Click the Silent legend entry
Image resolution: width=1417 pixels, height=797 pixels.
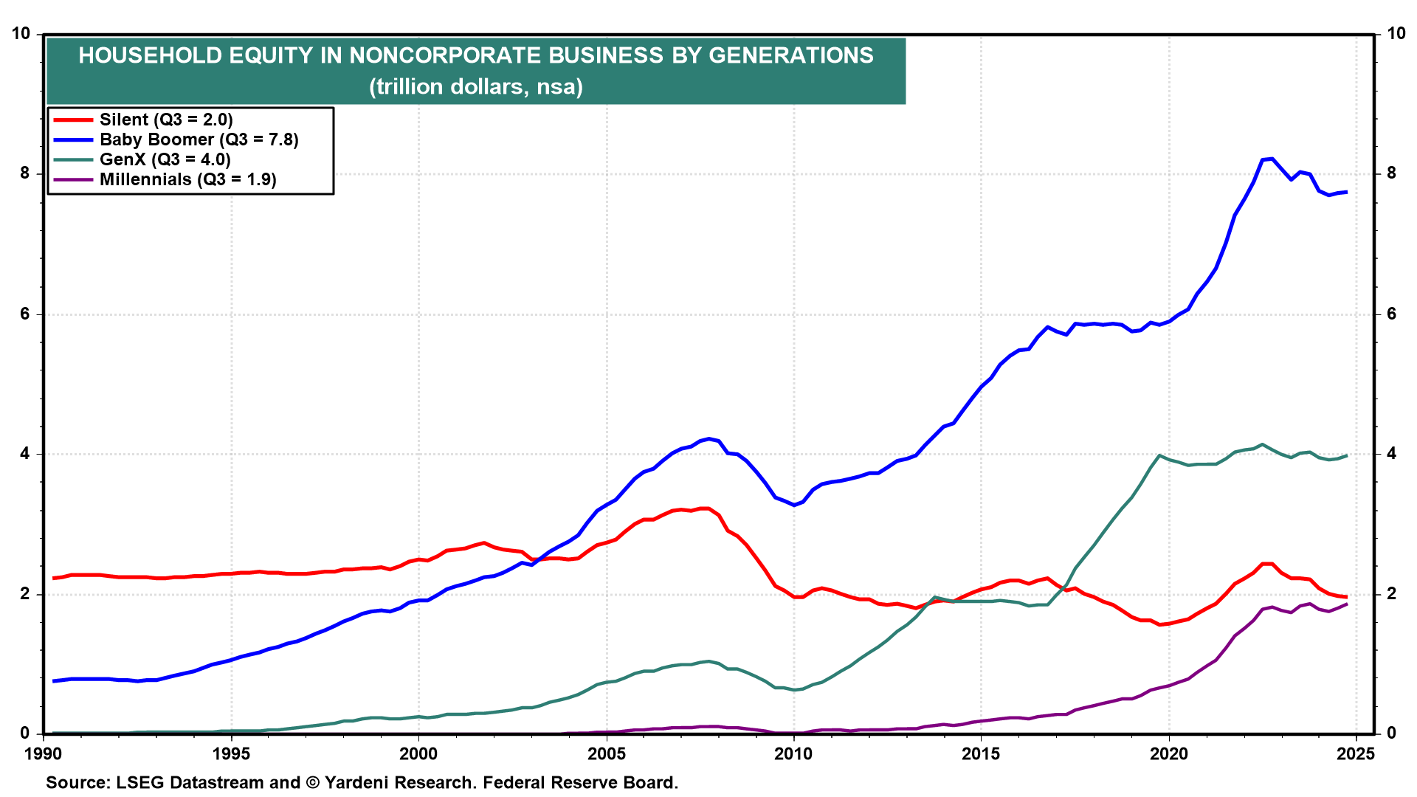166,120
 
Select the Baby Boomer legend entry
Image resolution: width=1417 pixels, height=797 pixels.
199,139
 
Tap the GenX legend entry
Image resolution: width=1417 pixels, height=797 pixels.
165,159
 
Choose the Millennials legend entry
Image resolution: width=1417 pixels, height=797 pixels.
187,179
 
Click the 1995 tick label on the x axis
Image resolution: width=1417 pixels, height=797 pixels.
231,753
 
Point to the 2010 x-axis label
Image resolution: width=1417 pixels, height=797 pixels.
793,753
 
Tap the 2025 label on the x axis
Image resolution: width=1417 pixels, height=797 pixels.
1356,753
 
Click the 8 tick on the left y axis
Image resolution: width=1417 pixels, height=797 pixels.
25,173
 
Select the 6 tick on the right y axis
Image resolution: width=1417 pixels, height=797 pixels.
1391,314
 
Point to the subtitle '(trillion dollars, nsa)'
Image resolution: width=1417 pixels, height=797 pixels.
476,87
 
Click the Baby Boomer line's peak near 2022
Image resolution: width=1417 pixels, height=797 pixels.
1271,159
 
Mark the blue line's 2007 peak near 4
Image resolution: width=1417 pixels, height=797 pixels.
709,438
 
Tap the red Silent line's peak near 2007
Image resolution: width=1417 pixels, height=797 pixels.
705,508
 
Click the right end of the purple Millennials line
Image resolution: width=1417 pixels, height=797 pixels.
1347,604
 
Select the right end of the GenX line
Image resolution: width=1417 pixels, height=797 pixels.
1347,455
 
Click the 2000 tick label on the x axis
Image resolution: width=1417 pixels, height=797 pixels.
418,753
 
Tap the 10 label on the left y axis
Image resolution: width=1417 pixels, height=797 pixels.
21,33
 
